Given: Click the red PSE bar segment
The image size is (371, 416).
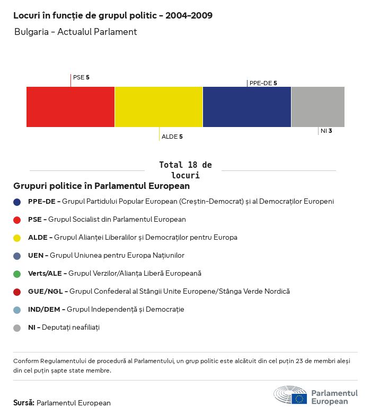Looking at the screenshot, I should tap(70, 107).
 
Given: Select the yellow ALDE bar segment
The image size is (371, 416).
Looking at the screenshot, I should tap(158, 107).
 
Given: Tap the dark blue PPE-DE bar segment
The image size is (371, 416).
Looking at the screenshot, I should tap(247, 107).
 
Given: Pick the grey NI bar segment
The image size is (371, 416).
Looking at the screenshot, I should tap(318, 107).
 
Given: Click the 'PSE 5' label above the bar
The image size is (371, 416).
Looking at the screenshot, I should tap(81, 77).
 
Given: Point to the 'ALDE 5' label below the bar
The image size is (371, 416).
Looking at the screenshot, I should tap(172, 137).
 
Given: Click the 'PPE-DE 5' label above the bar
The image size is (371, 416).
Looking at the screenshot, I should tap(263, 83).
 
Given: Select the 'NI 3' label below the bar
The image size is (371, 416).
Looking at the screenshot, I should tap(326, 131).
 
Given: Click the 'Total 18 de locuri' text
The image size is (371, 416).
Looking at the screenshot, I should tap(185, 170).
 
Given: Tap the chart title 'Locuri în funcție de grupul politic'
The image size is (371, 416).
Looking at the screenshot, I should tap(113, 15).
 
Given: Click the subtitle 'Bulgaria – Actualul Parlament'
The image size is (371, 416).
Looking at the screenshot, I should tap(75, 32).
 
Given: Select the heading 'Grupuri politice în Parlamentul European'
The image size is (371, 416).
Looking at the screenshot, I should tap(101, 186).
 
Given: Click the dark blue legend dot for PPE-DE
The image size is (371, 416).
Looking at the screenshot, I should tap(17, 202).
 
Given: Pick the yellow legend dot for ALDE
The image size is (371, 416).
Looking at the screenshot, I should tap(17, 238).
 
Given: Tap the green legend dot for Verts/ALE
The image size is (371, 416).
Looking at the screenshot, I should tap(17, 274).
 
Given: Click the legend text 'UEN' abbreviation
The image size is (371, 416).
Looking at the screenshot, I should tap(36, 256).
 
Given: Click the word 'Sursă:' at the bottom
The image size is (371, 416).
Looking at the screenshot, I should tap(24, 403).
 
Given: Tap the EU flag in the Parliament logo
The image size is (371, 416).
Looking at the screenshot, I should tap(299, 399).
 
